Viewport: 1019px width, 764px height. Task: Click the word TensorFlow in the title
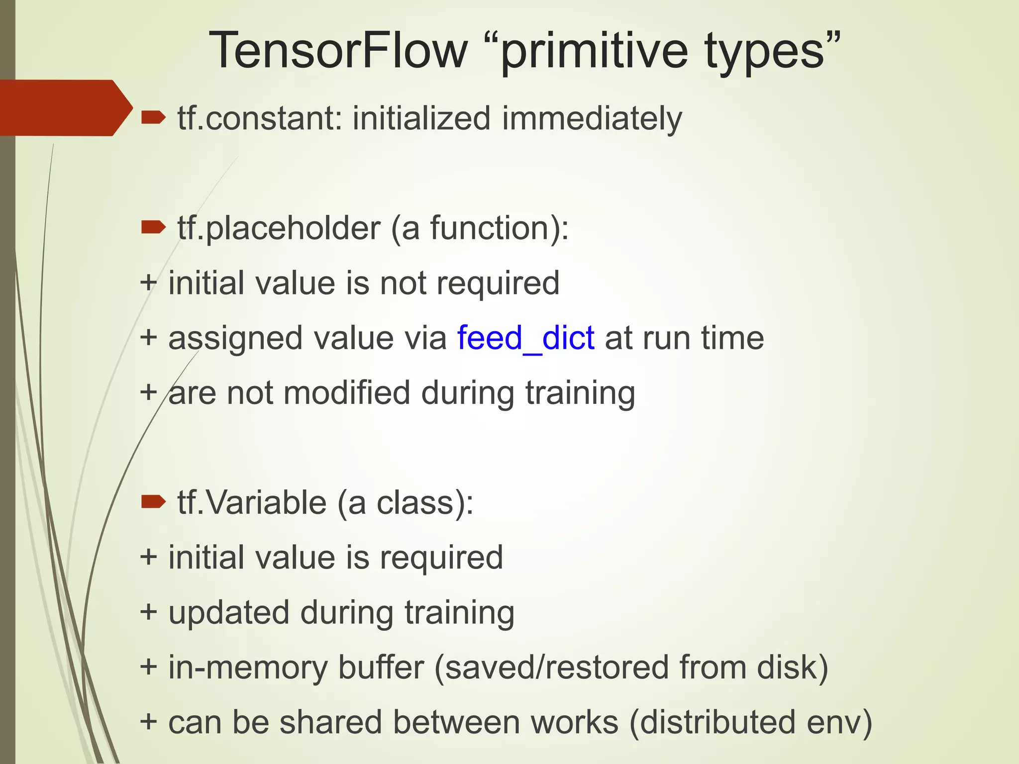338,51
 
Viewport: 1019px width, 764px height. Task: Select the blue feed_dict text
525,338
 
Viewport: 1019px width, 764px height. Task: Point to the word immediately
592,119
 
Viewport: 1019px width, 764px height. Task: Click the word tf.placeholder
279,229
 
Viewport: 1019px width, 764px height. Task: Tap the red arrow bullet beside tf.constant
153,117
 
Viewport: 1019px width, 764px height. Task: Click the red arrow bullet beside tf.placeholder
153,227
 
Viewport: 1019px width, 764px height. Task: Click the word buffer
381,668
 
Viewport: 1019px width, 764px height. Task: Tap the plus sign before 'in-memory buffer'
149,667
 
